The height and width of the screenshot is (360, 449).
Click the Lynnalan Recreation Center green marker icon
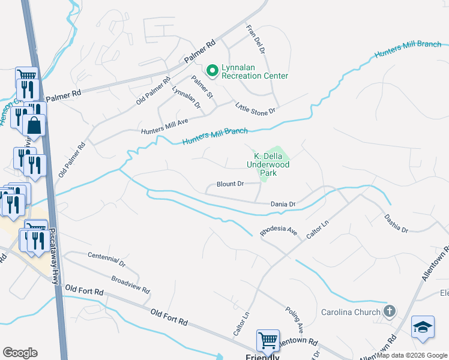click(212, 71)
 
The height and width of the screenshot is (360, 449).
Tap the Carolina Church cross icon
click(390, 311)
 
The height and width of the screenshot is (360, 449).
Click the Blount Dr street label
click(231, 184)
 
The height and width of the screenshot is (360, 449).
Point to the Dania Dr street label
click(283, 205)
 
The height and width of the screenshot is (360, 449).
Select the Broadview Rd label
click(130, 284)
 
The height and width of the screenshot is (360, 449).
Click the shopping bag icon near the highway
click(34, 125)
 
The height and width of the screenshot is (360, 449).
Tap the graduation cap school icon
click(423, 328)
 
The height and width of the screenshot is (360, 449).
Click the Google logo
click(20, 353)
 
